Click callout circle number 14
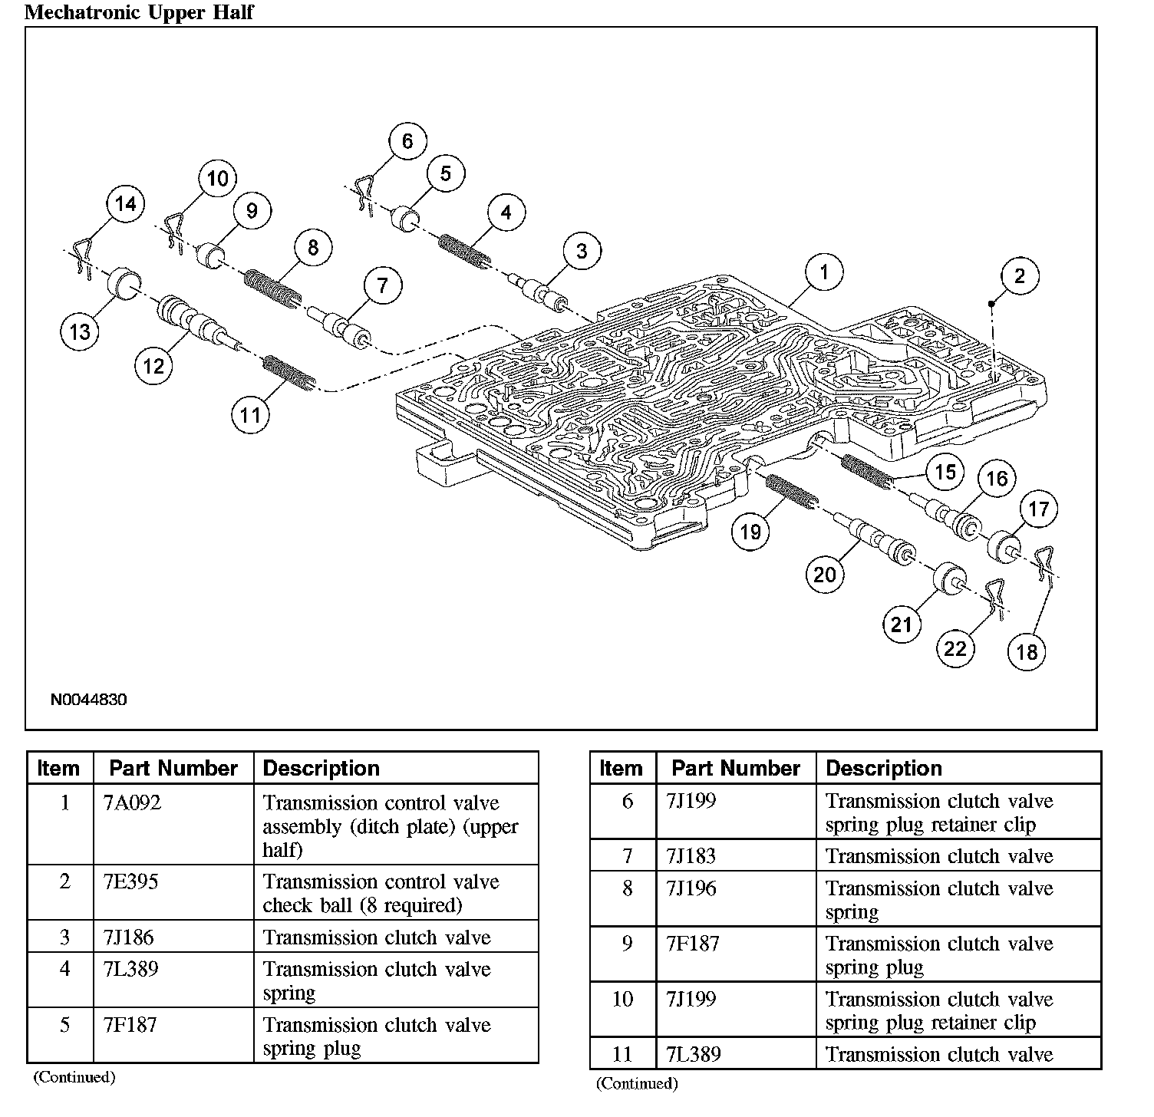coord(125,203)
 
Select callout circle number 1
coord(824,272)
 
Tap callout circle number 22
coord(955,649)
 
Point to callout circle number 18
coord(1027,652)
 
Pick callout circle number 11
coord(250,415)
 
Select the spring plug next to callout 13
coord(122,286)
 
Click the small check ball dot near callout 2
coord(991,304)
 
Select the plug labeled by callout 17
coord(1005,545)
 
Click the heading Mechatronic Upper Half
coord(139,12)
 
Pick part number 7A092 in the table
coord(131,803)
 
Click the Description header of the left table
coord(321,769)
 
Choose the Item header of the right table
coord(621,769)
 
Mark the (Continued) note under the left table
coord(74,1077)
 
